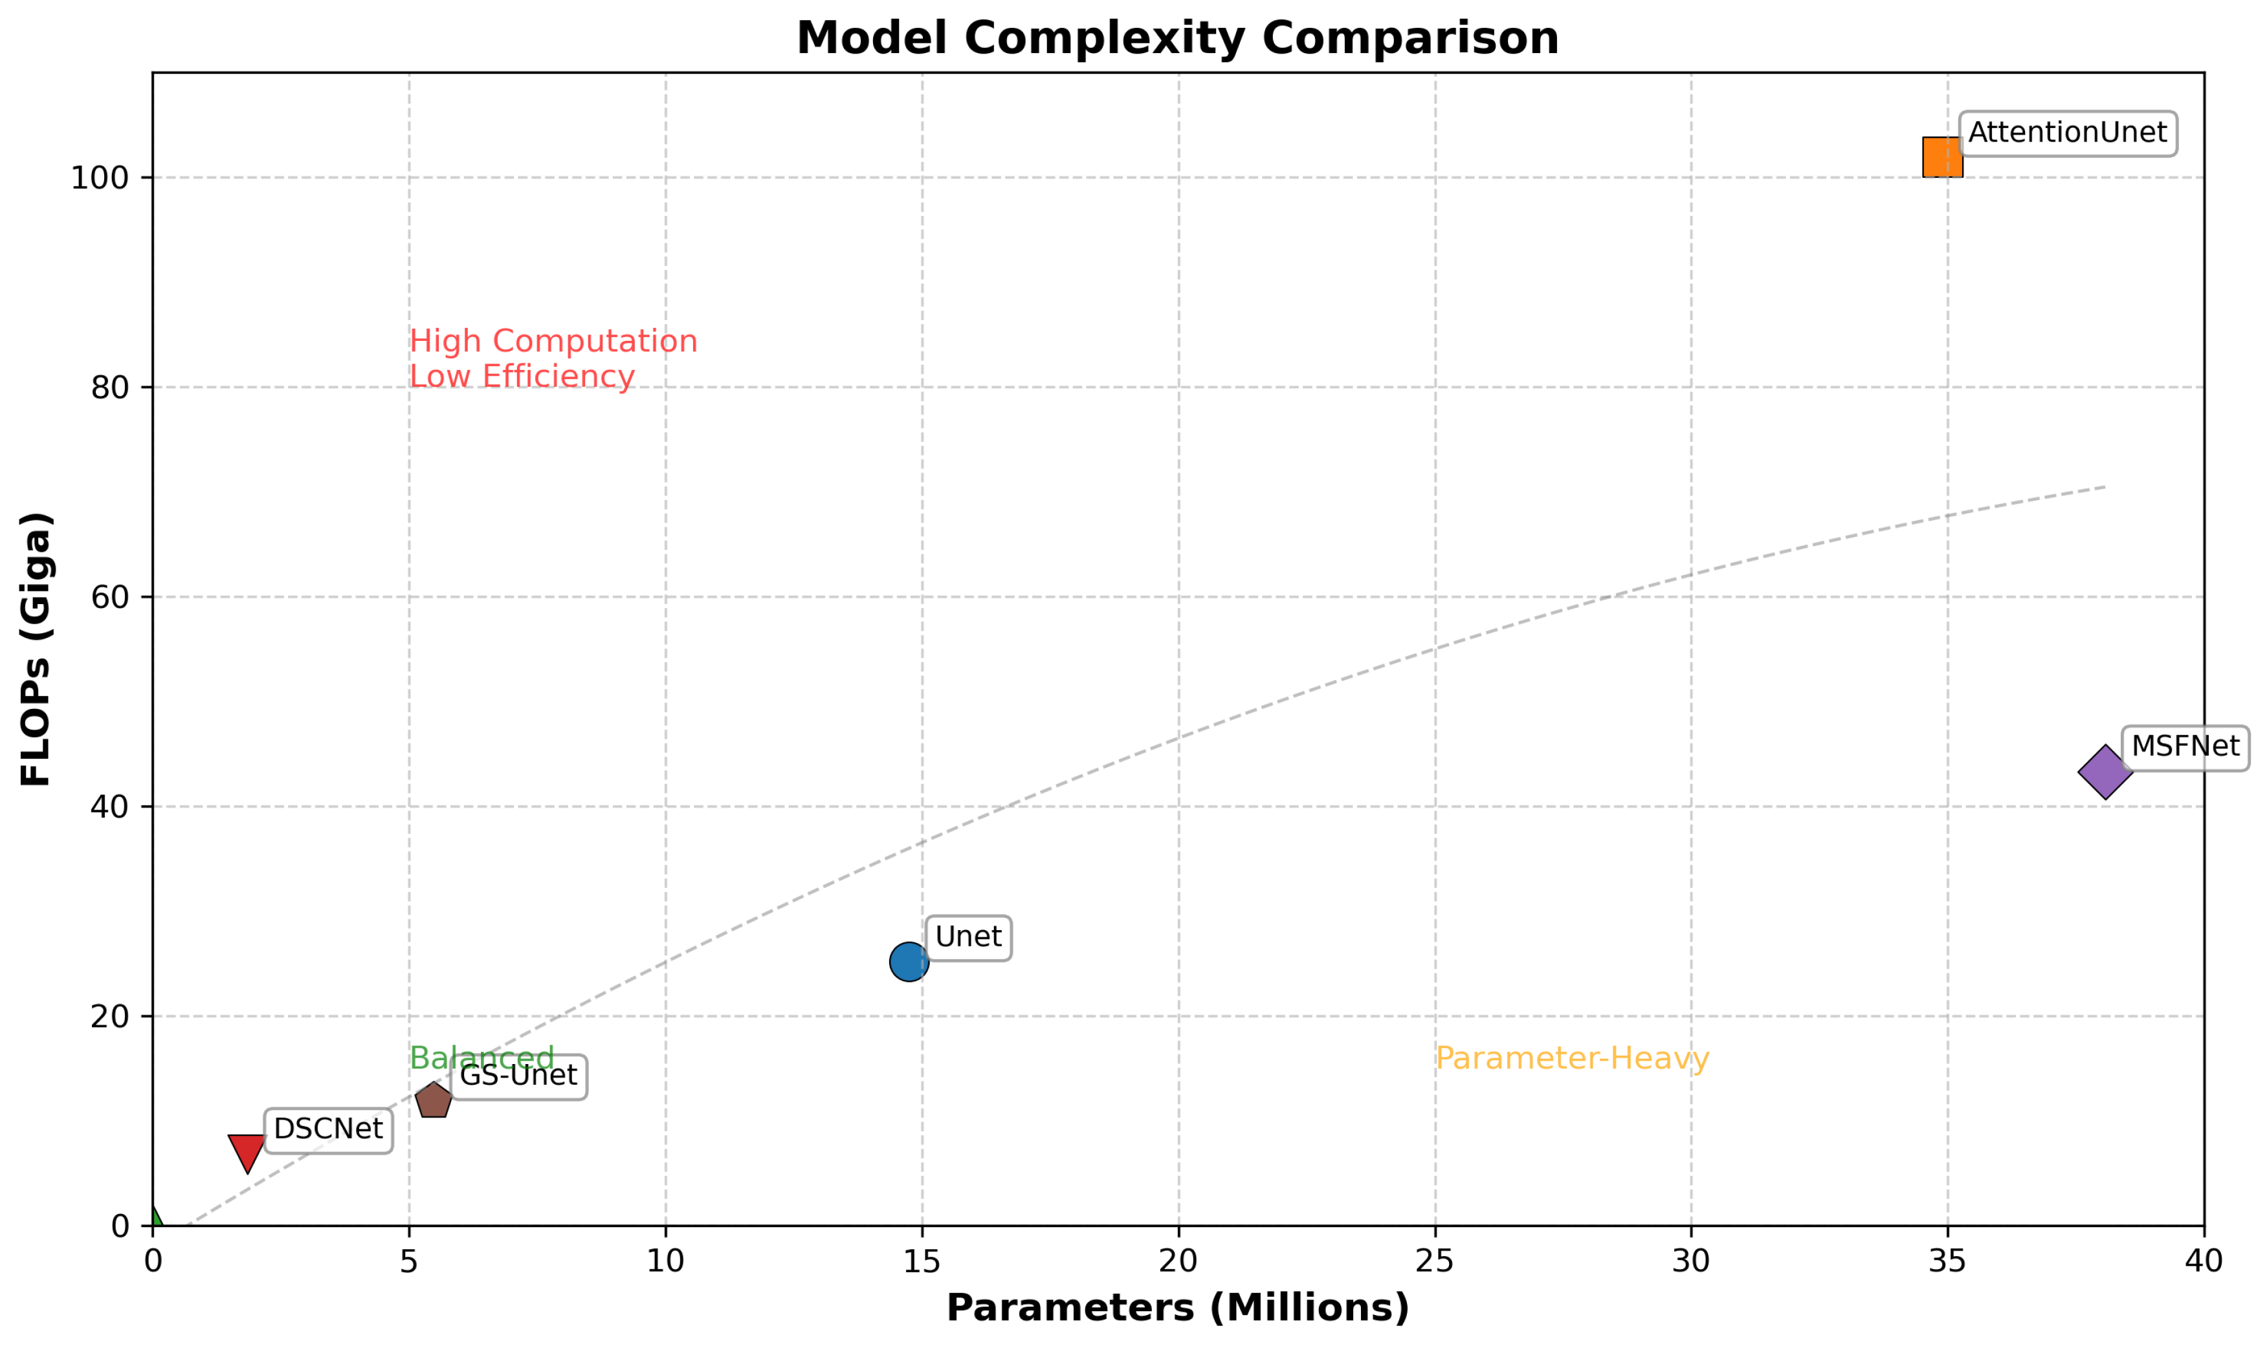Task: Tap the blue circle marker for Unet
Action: point(909,962)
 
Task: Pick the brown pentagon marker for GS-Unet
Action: point(434,1101)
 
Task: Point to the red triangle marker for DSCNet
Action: point(246,1151)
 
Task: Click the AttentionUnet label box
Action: point(2067,133)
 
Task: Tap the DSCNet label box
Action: point(328,1130)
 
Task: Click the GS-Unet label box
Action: point(518,1076)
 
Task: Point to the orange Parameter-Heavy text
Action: point(1572,1059)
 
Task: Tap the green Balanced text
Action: point(481,1058)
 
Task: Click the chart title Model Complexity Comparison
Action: point(1178,39)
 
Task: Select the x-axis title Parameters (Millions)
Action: point(1178,1308)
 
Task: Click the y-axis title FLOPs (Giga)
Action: point(36,649)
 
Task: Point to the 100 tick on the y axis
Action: point(100,178)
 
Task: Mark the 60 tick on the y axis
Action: point(109,598)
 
